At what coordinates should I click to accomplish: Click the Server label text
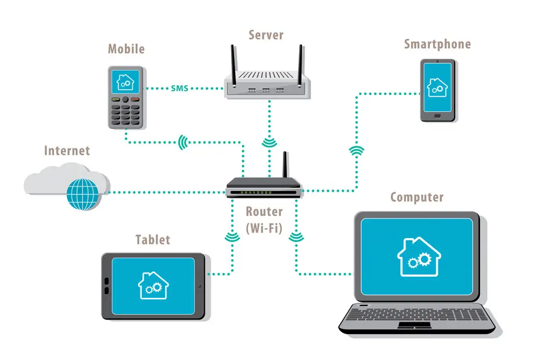coord(266,35)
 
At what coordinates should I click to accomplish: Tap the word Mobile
coord(126,49)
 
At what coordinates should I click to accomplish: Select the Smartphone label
coord(437,44)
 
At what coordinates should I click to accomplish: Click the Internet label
coord(67,151)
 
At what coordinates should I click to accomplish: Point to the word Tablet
coord(153,240)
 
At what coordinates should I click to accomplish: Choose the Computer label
coord(417,197)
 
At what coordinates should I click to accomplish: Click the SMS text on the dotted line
coord(179,89)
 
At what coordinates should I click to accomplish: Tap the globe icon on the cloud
coord(83,194)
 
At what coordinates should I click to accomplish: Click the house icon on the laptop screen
coord(419,257)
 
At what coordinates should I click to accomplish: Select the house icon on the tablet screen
coord(153,286)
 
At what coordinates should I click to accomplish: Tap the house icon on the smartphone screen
coord(437,87)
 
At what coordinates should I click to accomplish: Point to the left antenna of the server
coord(234,65)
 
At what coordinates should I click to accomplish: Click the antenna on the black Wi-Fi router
coord(285,165)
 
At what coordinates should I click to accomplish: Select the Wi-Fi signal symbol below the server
coord(269,142)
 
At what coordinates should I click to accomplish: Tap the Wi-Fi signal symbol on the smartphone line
coord(356,151)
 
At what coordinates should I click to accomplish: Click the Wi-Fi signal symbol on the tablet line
coord(232,237)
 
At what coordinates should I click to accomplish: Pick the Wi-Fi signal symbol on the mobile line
coord(183,142)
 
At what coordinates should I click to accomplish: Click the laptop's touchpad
coord(414,325)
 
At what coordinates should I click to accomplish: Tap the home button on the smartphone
coord(437,116)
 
